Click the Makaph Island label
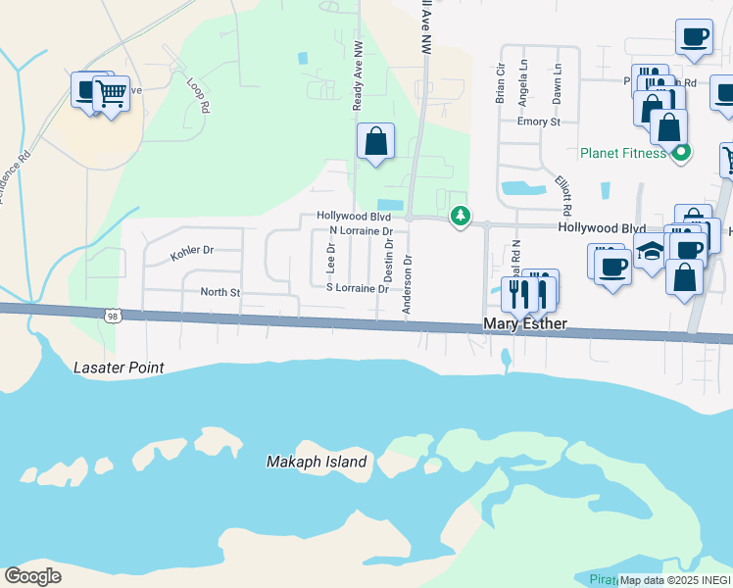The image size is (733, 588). coord(318,462)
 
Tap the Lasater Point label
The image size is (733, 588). coord(119,367)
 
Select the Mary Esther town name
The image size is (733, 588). coord(526,324)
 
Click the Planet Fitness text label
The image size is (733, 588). coord(622,153)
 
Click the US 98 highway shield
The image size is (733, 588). coord(111,315)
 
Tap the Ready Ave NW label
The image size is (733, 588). coord(358,82)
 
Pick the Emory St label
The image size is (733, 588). coord(539,122)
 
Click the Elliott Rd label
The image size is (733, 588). coord(562,196)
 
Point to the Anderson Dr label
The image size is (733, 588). coord(408,285)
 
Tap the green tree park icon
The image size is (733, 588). coord(459,215)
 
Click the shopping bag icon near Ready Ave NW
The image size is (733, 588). coord(375,141)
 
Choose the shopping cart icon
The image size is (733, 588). coord(112,93)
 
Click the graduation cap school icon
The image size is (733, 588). coord(649,251)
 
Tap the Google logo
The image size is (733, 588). coord(32,576)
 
